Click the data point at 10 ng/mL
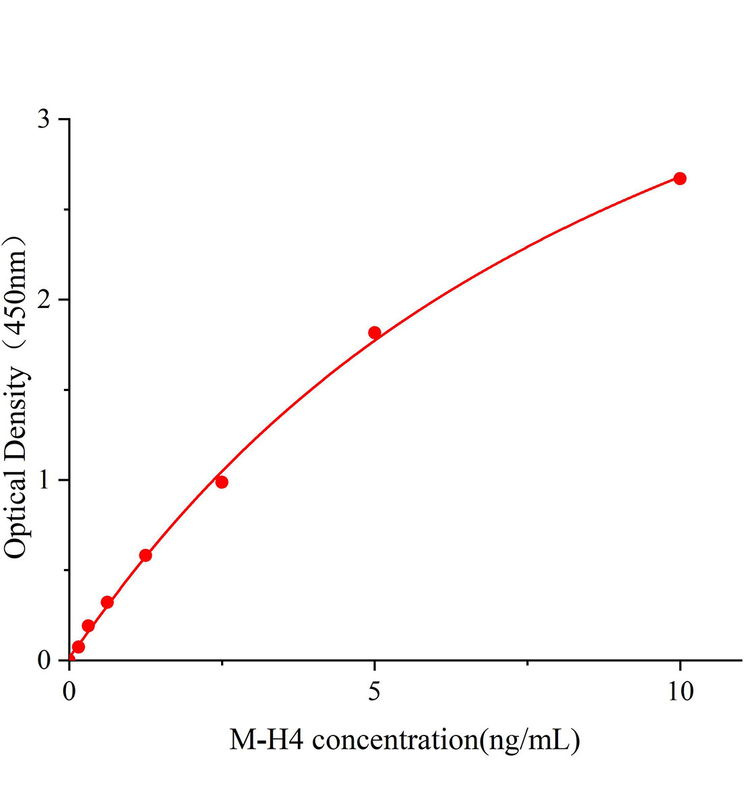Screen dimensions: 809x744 point(680,179)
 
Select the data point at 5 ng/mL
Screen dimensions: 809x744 point(375,332)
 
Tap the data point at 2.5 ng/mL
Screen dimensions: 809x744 point(222,482)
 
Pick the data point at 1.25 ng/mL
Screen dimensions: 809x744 point(146,556)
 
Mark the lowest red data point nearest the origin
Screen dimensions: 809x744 point(78,647)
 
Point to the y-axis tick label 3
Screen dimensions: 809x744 point(44,119)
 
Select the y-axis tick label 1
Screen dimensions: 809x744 point(44,480)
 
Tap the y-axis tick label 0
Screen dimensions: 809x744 point(44,661)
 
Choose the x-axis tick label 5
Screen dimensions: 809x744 point(374,692)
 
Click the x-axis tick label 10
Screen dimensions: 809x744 point(680,692)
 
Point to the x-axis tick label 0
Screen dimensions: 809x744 point(69,692)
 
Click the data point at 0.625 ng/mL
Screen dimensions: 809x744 point(107,602)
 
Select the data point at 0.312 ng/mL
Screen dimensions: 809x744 point(88,626)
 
